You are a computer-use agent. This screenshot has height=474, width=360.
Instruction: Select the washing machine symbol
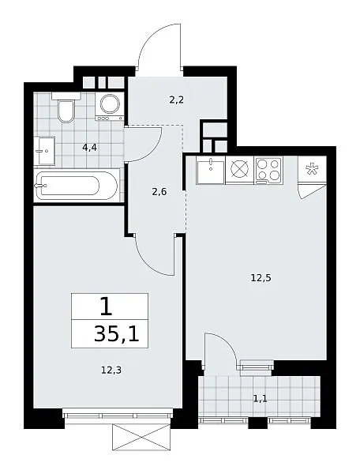click(110, 107)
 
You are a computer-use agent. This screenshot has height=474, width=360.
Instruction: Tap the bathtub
click(76, 186)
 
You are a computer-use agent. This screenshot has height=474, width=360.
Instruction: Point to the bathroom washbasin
click(44, 150)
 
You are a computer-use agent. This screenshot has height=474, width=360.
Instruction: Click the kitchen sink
click(211, 171)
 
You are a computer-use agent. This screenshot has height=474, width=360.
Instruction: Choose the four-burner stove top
click(268, 170)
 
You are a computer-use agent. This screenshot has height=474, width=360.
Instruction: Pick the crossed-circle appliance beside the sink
click(240, 170)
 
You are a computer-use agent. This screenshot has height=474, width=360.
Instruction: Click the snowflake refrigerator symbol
click(310, 169)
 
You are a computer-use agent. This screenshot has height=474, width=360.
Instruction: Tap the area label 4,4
click(89, 148)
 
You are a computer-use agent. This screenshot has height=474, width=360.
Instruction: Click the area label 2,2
click(176, 100)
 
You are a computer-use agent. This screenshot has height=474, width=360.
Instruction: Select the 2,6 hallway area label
click(159, 192)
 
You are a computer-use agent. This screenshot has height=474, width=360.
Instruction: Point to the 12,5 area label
click(261, 277)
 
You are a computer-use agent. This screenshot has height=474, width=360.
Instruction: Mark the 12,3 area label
click(111, 370)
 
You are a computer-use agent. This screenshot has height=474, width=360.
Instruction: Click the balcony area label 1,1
click(260, 399)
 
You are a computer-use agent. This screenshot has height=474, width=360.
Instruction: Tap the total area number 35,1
click(117, 334)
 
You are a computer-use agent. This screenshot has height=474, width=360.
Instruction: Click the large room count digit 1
click(107, 306)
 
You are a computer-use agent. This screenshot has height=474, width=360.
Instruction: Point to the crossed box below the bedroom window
click(141, 437)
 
